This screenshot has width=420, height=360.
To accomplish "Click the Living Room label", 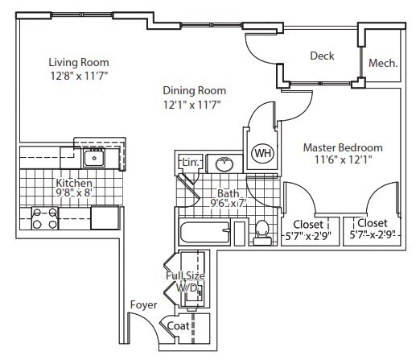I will (78, 62).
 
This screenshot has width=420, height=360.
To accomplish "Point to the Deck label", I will (322, 56).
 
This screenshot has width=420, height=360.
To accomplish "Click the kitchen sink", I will (95, 157).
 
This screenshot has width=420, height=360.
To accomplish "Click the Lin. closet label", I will (190, 164).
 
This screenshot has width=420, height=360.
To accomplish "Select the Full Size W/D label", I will (183, 281).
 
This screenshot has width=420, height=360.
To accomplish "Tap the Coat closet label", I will (178, 326).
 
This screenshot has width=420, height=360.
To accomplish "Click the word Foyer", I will (142, 304).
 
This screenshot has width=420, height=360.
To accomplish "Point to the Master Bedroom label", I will (342, 148).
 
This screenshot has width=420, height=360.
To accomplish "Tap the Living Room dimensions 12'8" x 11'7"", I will (78, 75).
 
